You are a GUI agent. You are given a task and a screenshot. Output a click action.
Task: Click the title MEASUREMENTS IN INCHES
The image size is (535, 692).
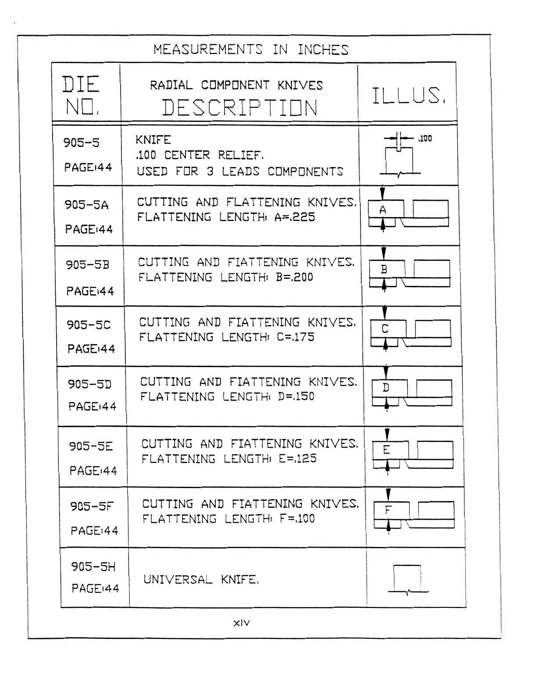click(251, 50)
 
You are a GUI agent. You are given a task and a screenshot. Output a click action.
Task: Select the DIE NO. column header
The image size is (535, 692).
click(81, 95)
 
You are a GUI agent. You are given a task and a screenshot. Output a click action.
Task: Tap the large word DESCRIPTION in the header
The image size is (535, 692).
click(239, 108)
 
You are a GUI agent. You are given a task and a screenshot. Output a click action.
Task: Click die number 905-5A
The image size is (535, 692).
click(86, 205)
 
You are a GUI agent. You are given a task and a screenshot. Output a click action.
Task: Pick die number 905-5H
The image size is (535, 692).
click(93, 567)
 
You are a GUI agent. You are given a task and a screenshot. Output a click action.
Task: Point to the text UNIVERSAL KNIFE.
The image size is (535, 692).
click(201, 580)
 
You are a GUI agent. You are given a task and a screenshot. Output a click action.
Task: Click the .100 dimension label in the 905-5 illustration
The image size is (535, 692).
click(425, 139)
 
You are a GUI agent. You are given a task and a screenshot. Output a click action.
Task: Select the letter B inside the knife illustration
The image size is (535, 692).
click(384, 270)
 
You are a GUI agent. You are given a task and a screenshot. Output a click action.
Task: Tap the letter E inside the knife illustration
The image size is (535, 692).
click(386, 450)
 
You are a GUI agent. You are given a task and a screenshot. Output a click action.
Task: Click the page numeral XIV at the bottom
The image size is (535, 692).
click(242, 623)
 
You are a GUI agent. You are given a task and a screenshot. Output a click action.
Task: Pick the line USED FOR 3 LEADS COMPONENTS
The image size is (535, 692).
click(239, 171)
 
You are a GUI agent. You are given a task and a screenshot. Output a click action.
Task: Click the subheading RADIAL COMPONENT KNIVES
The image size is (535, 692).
click(236, 85)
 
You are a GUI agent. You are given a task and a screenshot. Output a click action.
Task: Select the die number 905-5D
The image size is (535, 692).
click(89, 384)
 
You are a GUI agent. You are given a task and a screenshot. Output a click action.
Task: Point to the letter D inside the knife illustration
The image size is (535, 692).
click(386, 388)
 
